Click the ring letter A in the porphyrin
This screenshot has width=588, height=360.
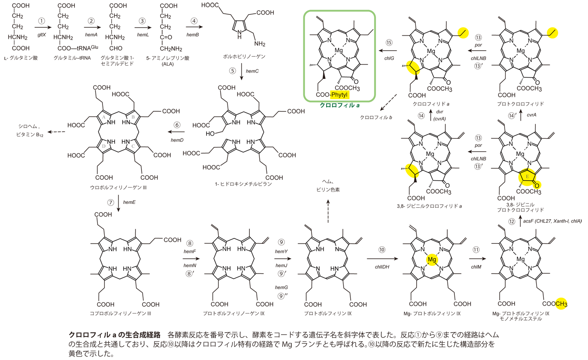click(102, 118)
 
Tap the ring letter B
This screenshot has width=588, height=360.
click(133, 118)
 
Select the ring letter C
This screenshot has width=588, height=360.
click(133, 146)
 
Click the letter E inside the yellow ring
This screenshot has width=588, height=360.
click(527, 177)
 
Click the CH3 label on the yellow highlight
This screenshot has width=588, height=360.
click(561, 304)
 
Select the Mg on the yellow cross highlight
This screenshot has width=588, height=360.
click(432, 260)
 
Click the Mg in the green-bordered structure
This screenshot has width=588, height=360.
click(339, 50)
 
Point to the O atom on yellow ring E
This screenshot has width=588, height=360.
click(536, 186)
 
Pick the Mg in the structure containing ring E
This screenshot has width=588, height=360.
click(520, 154)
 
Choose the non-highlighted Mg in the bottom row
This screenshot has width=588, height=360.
click(521, 259)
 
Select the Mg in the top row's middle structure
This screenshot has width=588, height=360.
click(431, 51)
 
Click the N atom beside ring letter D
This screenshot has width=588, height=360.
click(110, 141)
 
